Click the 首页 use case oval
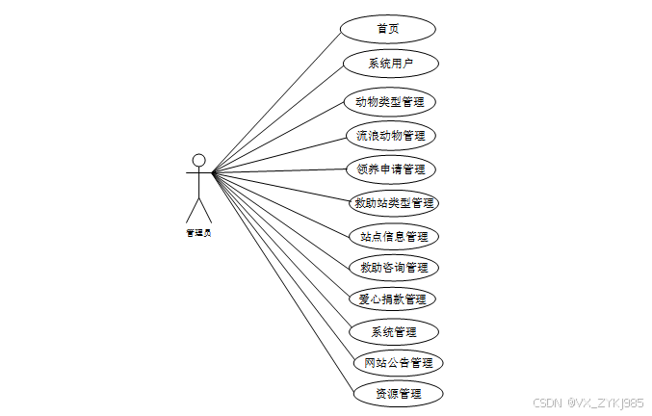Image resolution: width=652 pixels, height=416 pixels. (388, 28)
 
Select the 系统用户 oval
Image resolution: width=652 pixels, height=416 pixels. (391, 64)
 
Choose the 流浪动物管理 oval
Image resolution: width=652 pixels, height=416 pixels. (391, 136)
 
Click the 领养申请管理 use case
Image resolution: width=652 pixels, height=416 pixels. (391, 169)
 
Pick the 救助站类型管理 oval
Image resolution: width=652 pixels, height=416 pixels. (395, 203)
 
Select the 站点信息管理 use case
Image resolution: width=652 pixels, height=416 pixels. (393, 236)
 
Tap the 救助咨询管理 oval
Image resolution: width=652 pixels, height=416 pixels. (393, 267)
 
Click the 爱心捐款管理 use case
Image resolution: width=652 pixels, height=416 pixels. (392, 299)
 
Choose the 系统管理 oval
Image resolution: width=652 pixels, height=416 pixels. (393, 332)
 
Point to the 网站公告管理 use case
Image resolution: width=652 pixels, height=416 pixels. (398, 363)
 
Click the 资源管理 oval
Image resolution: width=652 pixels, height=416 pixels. (397, 393)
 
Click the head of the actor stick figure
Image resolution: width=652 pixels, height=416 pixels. (198, 160)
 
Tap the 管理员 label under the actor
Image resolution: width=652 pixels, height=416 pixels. (198, 232)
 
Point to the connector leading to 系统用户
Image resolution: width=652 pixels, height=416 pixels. (279, 117)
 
